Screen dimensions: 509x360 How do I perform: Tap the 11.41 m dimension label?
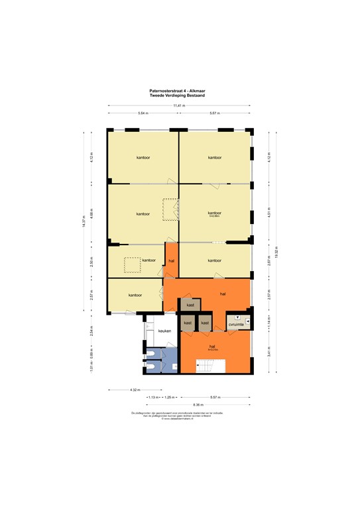tap(179, 105)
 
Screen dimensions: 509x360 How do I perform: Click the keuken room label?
tap(164, 331)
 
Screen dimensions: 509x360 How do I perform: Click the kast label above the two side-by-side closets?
tap(190, 305)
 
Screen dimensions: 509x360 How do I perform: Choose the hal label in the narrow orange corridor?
tap(171, 260)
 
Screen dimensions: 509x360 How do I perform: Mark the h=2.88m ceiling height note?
tap(214, 217)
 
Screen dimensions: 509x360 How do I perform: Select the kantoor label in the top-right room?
tap(214, 158)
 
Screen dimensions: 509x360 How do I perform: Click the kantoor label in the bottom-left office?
tap(135, 295)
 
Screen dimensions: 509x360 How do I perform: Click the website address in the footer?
tap(180, 417)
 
